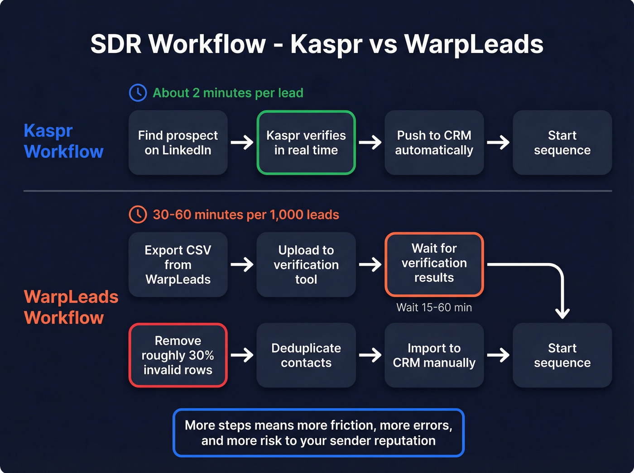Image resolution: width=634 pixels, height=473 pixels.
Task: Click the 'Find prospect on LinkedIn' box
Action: click(178, 143)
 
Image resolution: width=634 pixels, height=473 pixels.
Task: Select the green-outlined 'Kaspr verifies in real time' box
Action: click(306, 143)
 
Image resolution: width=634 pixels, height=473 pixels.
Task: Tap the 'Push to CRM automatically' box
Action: click(434, 143)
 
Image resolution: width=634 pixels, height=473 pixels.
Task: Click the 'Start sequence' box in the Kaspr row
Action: click(562, 143)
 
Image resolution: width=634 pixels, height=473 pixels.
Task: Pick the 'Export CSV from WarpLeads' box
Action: click(178, 265)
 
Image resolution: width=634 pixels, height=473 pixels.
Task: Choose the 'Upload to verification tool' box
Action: click(306, 265)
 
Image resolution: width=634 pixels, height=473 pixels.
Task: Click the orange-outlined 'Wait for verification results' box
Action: click(434, 264)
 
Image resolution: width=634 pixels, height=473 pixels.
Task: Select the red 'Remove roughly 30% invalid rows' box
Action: click(178, 355)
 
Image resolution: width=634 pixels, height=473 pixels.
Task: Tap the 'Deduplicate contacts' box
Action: click(306, 355)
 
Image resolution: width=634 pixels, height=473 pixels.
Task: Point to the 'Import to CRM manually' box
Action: click(434, 355)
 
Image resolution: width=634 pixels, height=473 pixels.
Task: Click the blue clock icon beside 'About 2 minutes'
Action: click(138, 93)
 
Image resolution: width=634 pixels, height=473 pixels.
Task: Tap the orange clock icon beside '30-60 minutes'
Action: click(138, 215)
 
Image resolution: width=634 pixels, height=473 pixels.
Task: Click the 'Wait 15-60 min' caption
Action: click(434, 308)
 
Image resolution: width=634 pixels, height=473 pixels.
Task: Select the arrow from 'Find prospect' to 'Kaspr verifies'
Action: click(242, 143)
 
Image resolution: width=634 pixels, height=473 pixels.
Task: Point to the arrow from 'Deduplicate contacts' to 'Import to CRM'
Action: click(370, 355)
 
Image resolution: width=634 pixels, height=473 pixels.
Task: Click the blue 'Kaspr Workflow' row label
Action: click(63, 141)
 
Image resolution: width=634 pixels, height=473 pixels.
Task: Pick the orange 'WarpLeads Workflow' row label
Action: click(71, 307)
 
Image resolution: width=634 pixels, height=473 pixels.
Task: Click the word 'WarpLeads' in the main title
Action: click(473, 44)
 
